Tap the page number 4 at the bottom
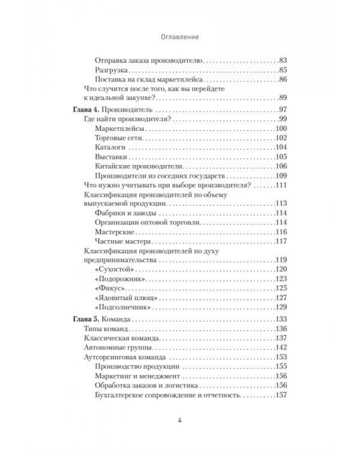click(x=180, y=420)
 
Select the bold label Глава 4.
click(x=82, y=110)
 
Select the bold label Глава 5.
click(x=82, y=319)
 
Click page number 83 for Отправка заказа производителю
click(x=284, y=61)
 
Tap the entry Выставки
click(x=111, y=157)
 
